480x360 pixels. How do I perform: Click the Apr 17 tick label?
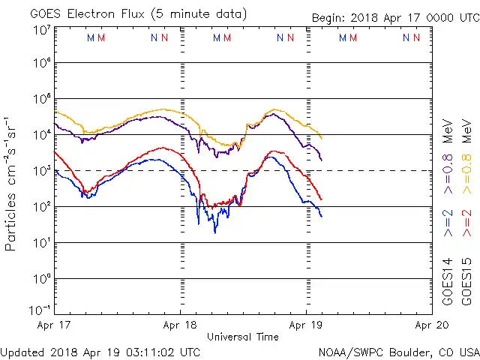pyautogui.click(x=53, y=325)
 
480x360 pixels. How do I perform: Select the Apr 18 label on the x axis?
pyautogui.click(x=180, y=325)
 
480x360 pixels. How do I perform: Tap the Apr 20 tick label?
pyautogui.click(x=432, y=325)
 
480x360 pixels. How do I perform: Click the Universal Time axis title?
pyautogui.click(x=242, y=337)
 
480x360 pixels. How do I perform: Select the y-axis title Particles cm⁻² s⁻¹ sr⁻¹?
pyautogui.click(x=12, y=184)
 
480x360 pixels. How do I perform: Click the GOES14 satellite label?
pyautogui.click(x=447, y=280)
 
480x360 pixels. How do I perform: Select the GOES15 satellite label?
pyautogui.click(x=465, y=280)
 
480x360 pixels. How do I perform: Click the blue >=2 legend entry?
pyautogui.click(x=447, y=223)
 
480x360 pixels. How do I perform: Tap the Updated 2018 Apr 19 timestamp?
pyautogui.click(x=100, y=351)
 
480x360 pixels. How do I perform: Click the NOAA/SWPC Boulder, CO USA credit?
pyautogui.click(x=398, y=351)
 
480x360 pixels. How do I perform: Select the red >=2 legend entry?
pyautogui.click(x=465, y=223)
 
